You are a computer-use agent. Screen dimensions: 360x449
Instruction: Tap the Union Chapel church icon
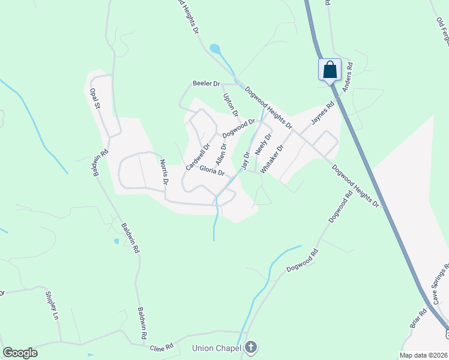click(251, 347)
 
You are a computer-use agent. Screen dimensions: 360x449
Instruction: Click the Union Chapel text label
click(216, 348)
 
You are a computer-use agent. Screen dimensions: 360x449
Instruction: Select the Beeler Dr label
click(206, 83)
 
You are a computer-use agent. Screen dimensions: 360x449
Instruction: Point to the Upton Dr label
click(231, 104)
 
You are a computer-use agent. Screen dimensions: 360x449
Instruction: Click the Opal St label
click(94, 99)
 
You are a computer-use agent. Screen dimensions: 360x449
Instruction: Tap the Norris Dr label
click(164, 172)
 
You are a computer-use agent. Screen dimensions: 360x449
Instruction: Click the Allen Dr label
click(221, 154)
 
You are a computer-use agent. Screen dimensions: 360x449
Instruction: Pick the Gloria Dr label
click(212, 171)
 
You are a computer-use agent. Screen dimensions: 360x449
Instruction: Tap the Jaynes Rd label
click(322, 113)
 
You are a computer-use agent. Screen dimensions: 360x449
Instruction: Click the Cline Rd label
click(161, 347)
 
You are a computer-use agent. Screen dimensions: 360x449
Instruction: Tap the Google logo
click(20, 353)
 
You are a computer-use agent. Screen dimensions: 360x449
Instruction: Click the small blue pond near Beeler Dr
click(214, 49)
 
